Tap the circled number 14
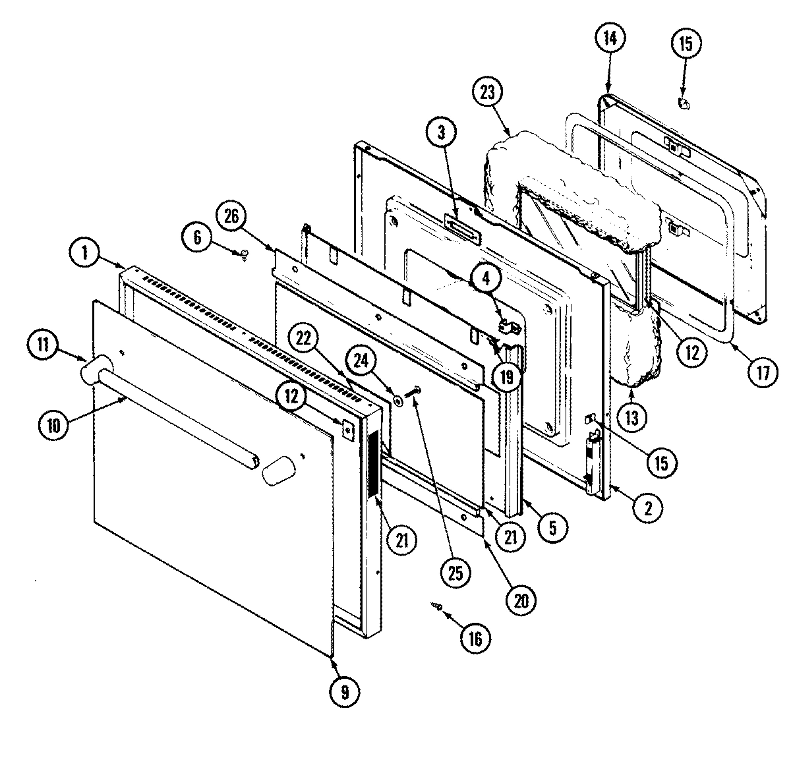click(608, 39)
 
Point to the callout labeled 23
click(490, 92)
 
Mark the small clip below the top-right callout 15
click(683, 103)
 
